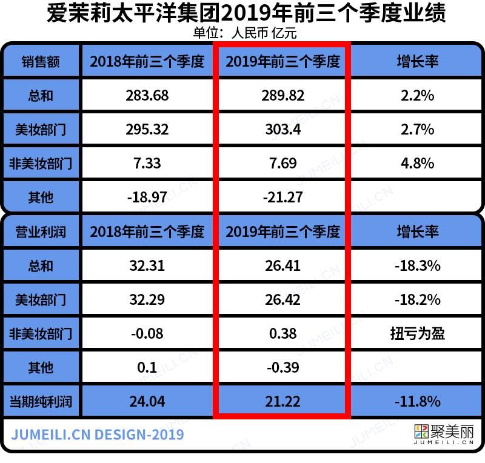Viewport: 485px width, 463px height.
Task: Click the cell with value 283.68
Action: click(x=147, y=95)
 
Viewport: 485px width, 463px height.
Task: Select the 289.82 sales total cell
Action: click(x=283, y=95)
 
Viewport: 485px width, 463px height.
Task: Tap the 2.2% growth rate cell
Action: click(x=417, y=95)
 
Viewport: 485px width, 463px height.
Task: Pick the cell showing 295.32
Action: click(x=147, y=129)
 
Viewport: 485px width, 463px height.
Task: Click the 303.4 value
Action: click(x=283, y=129)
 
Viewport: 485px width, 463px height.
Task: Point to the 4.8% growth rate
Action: click(x=417, y=163)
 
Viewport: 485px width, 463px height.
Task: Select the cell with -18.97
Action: click(x=147, y=197)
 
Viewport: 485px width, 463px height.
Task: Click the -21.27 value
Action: click(x=283, y=197)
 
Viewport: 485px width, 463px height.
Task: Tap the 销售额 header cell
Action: click(x=41, y=61)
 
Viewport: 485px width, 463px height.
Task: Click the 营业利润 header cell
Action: click(x=41, y=232)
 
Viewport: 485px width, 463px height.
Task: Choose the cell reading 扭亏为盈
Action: click(x=417, y=333)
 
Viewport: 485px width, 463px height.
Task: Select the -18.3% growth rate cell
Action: click(x=417, y=265)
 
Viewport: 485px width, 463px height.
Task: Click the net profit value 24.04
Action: click(x=147, y=401)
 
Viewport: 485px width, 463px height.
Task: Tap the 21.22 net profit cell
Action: click(x=283, y=401)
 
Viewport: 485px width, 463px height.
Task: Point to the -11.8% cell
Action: click(x=417, y=401)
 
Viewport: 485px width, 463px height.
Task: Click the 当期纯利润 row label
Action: click(x=41, y=401)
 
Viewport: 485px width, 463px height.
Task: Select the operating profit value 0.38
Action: click(x=283, y=333)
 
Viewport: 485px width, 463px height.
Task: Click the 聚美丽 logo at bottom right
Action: click(x=443, y=434)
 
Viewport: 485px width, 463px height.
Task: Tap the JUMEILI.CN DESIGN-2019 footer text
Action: click(x=98, y=435)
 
